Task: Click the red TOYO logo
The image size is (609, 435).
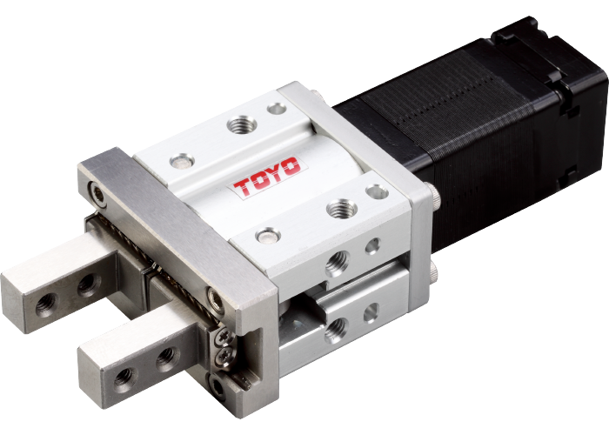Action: (268, 177)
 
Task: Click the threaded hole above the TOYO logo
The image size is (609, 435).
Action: (242, 125)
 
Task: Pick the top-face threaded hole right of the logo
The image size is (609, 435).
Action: (341, 209)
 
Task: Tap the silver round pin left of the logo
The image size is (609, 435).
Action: (182, 161)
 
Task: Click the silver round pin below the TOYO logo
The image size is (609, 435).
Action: (268, 236)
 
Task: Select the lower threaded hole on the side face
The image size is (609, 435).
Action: (336, 330)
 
